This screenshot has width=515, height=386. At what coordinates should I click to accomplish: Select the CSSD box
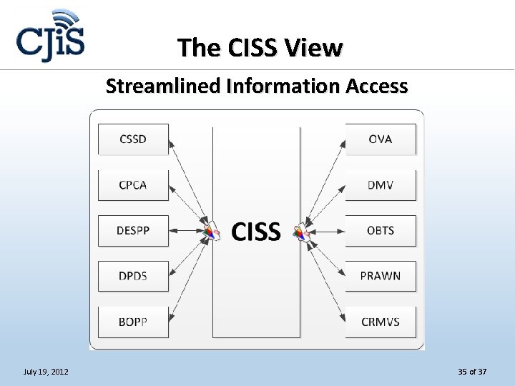pyautogui.click(x=133, y=139)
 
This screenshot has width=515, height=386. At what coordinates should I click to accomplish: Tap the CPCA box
pyautogui.click(x=133, y=185)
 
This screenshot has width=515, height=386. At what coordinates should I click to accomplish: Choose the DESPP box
pyautogui.click(x=133, y=231)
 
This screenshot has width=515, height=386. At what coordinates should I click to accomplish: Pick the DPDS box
pyautogui.click(x=133, y=276)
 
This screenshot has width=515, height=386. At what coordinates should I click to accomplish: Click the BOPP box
pyautogui.click(x=133, y=322)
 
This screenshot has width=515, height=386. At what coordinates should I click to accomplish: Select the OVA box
pyautogui.click(x=381, y=139)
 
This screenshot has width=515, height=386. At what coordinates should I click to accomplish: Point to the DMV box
pyautogui.click(x=381, y=185)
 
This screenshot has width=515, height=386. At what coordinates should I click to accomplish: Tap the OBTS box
pyautogui.click(x=381, y=231)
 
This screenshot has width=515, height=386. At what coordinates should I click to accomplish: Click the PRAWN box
pyautogui.click(x=381, y=276)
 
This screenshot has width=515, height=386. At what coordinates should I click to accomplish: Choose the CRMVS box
pyautogui.click(x=381, y=322)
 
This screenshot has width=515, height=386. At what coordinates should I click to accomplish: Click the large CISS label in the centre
pyautogui.click(x=256, y=232)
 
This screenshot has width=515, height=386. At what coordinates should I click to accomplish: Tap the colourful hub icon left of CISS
pyautogui.click(x=210, y=232)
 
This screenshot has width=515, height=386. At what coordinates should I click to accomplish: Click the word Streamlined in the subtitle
pyautogui.click(x=162, y=86)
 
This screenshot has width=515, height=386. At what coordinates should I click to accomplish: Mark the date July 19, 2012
pyautogui.click(x=46, y=372)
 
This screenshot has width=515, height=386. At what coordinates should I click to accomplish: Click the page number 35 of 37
pyautogui.click(x=472, y=372)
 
